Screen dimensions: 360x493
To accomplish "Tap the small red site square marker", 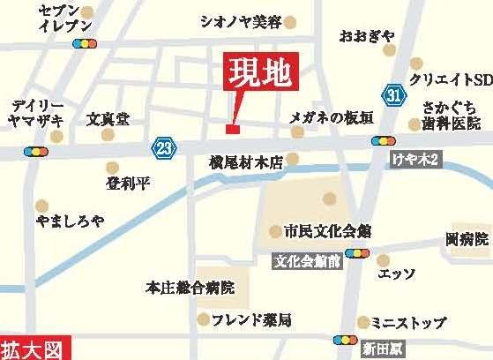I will coord(232,131).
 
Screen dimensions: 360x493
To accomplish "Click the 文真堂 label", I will coord(108,116).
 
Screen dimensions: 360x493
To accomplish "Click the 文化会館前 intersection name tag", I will coord(305,262).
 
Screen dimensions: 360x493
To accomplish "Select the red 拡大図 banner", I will coord(34,349).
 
